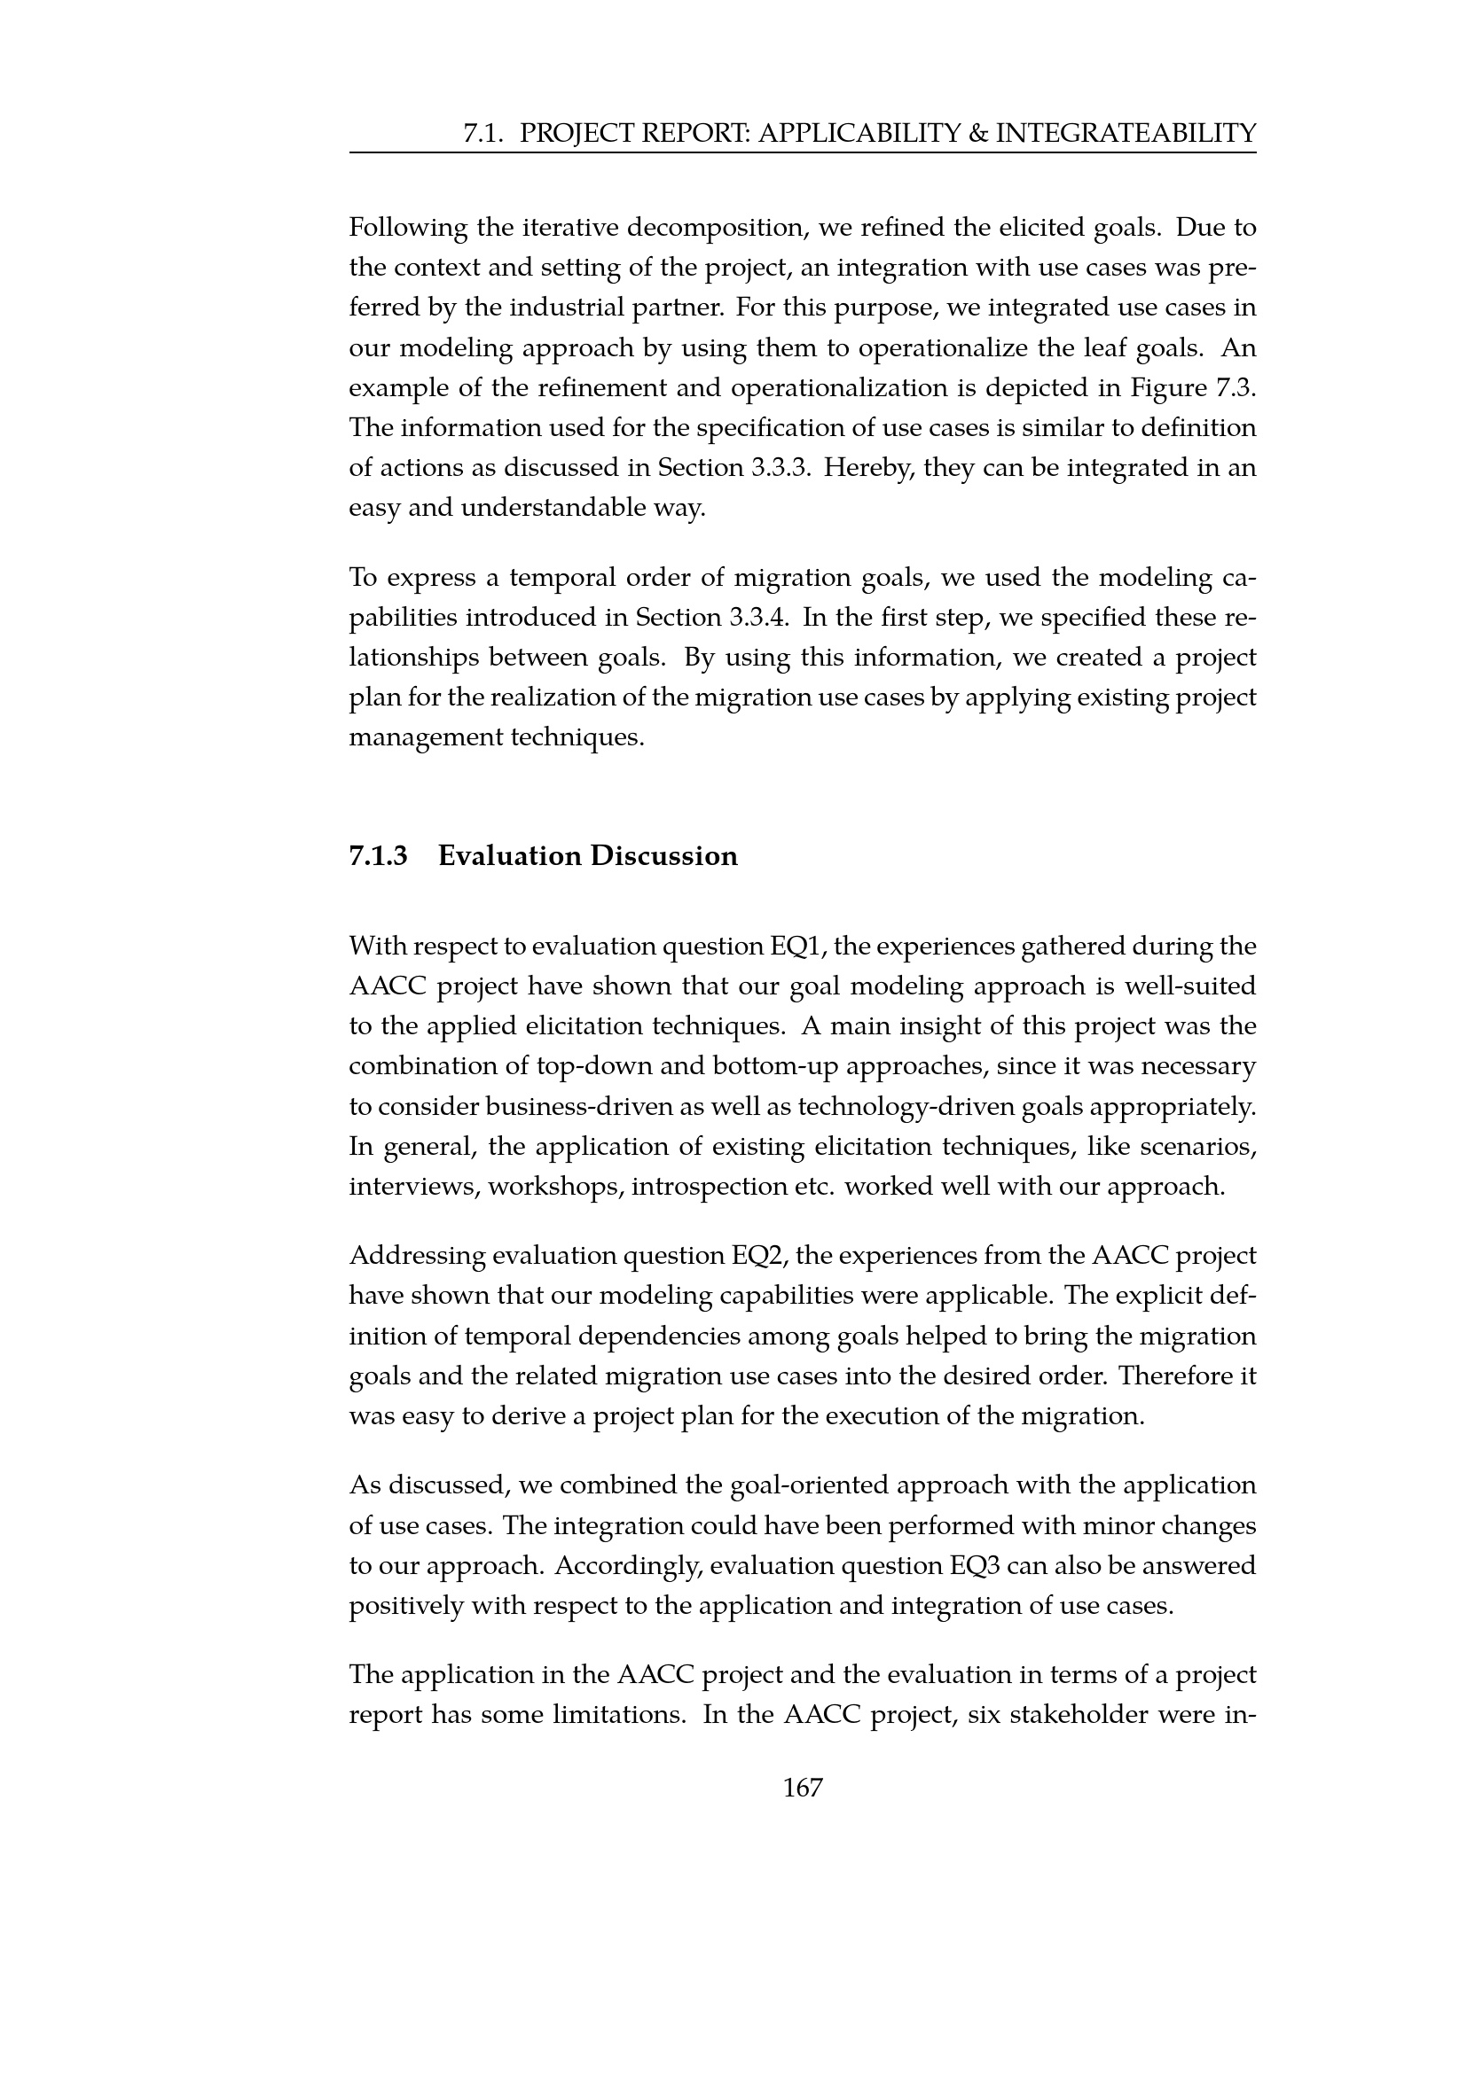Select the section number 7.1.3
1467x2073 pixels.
pyautogui.click(x=379, y=855)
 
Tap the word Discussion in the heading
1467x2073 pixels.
pyautogui.click(x=664, y=855)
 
